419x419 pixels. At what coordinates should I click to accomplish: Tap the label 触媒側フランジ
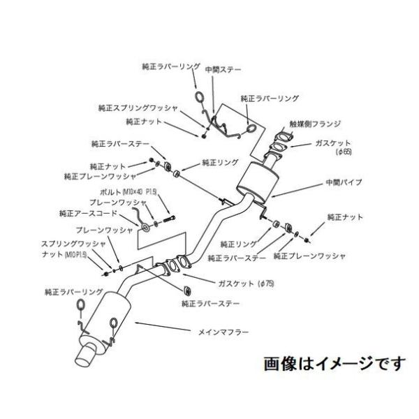[317, 124]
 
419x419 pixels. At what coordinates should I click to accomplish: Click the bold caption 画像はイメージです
[334, 364]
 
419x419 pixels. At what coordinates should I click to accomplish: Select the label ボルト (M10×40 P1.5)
[133, 191]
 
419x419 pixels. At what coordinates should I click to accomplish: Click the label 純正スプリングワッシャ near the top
[138, 108]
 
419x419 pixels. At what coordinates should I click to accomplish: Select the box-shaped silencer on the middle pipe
[255, 180]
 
